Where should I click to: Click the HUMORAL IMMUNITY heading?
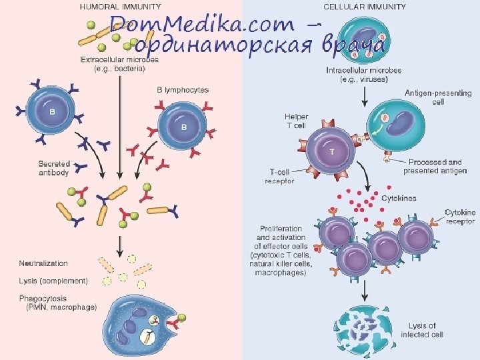click(x=120, y=7)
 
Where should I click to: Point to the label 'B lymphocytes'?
click(x=183, y=89)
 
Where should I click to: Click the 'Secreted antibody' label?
click(x=54, y=167)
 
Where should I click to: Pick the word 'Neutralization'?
click(x=43, y=263)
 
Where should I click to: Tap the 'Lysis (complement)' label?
click(x=53, y=281)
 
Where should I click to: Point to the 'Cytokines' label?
click(x=399, y=198)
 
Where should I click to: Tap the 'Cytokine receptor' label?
click(x=460, y=217)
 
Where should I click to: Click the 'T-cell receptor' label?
click(x=279, y=177)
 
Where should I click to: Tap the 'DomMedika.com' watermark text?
click(x=200, y=25)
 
